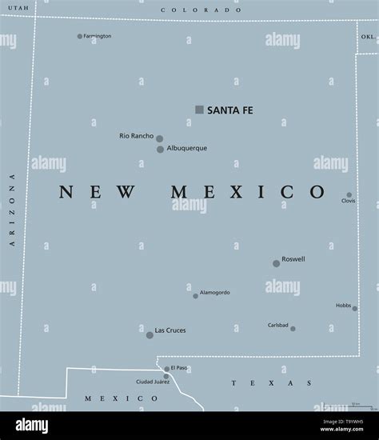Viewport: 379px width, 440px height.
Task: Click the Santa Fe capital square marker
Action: pyautogui.click(x=199, y=110)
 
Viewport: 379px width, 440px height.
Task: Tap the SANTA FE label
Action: pyautogui.click(x=229, y=110)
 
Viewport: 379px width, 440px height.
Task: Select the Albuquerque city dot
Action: pyautogui.click(x=160, y=149)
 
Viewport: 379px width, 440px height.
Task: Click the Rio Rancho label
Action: pyautogui.click(x=135, y=136)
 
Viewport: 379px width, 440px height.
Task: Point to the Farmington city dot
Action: pyautogui.click(x=80, y=36)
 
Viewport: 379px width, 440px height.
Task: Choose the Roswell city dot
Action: pyautogui.click(x=276, y=263)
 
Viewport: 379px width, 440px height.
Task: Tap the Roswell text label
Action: pyautogui.click(x=293, y=259)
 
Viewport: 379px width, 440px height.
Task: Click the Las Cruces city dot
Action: pyautogui.click(x=150, y=334)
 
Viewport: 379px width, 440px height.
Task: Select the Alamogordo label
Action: pyautogui.click(x=214, y=292)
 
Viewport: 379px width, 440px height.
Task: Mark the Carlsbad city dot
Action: pyautogui.click(x=293, y=329)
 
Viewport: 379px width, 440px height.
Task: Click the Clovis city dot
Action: pyautogui.click(x=349, y=194)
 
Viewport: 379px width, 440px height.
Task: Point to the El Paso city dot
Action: pyautogui.click(x=166, y=370)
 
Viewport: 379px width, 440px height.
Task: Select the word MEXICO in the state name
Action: pyautogui.click(x=248, y=193)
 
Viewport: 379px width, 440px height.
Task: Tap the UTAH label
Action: pyautogui.click(x=18, y=7)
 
